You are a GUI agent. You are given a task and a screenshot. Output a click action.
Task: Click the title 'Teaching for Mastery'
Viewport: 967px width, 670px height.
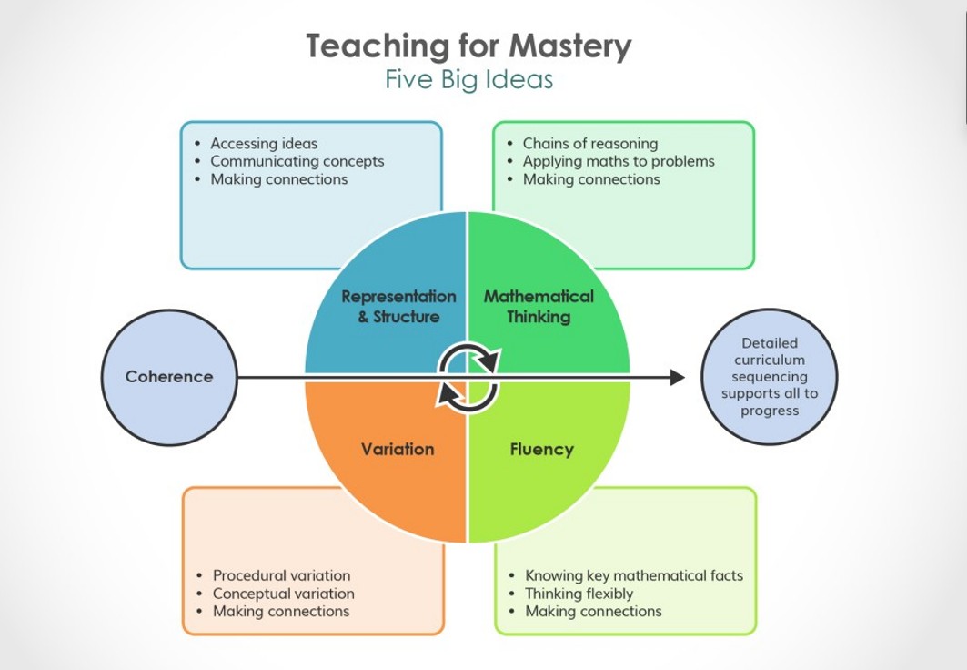(x=468, y=46)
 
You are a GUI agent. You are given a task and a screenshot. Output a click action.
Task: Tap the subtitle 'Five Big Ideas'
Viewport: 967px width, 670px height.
(x=468, y=80)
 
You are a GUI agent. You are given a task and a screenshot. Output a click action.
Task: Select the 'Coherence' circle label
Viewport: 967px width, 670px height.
(x=169, y=377)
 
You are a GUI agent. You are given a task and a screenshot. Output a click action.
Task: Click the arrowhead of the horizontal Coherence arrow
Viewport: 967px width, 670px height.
(x=677, y=377)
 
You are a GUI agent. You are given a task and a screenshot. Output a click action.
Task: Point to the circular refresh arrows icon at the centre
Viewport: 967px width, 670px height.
(x=468, y=376)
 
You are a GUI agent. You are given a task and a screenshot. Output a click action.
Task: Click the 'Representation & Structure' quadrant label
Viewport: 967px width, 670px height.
(x=398, y=307)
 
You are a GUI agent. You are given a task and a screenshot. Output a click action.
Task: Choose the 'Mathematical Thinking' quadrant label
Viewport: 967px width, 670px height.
(x=539, y=307)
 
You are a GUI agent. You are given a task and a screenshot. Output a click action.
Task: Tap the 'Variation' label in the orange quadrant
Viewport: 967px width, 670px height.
(x=398, y=449)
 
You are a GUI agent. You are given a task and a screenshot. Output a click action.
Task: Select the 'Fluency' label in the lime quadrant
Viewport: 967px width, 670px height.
(x=541, y=449)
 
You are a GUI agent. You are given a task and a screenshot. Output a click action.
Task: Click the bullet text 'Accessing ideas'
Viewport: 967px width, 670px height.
(x=264, y=143)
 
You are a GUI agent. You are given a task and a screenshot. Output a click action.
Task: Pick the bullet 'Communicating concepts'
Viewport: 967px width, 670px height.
(x=297, y=161)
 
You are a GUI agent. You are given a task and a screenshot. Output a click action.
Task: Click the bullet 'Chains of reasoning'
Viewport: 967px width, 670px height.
(x=589, y=143)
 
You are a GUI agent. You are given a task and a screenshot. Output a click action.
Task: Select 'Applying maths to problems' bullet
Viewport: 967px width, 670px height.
(x=619, y=161)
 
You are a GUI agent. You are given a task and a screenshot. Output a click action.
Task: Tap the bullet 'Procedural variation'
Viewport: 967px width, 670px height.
(x=281, y=575)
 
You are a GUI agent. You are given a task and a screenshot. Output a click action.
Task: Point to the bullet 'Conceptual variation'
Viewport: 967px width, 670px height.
(x=283, y=594)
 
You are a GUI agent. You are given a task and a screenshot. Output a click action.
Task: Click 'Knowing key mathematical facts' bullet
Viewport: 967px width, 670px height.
(x=633, y=575)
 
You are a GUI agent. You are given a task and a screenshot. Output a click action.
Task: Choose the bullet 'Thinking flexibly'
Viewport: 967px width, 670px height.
(x=579, y=594)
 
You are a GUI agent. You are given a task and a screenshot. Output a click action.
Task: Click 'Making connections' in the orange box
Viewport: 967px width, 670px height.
(x=281, y=612)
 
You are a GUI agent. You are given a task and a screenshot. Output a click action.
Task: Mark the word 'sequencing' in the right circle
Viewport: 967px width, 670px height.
(x=770, y=377)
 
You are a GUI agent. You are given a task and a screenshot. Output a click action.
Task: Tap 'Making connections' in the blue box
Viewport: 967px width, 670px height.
(x=278, y=179)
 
